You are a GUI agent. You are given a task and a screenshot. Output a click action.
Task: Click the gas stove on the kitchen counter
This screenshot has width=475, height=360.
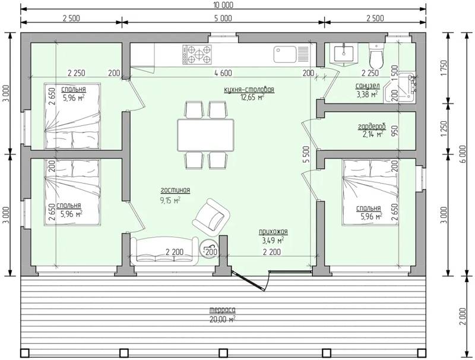pyautogui.click(x=197, y=54)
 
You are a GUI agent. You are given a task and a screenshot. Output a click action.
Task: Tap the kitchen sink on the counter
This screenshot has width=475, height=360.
pyautogui.click(x=292, y=54)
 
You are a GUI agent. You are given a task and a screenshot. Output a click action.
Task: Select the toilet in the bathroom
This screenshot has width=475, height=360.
pyautogui.click(x=376, y=55)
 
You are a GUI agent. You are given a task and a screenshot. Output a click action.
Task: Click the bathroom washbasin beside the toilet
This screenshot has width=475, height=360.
pyautogui.click(x=344, y=55)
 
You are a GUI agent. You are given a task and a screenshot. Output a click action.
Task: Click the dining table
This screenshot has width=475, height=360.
pyautogui.click(x=205, y=135)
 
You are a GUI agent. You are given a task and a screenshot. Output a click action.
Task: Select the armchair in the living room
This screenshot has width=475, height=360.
pyautogui.click(x=211, y=217)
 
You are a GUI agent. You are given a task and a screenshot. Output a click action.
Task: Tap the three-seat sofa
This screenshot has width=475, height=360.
pyautogui.click(x=164, y=251)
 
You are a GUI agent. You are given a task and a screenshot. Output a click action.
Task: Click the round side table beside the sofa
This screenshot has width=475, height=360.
pyautogui.click(x=210, y=248)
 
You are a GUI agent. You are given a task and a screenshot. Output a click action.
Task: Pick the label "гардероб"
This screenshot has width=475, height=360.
pyautogui.click(x=372, y=127)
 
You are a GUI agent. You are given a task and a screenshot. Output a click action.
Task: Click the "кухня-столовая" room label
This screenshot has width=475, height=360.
pyautogui.click(x=249, y=90)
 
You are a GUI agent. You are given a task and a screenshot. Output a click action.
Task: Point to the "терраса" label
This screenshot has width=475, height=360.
pyautogui.click(x=222, y=310)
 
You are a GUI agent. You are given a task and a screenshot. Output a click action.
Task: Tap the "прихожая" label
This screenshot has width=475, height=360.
pyautogui.click(x=273, y=232)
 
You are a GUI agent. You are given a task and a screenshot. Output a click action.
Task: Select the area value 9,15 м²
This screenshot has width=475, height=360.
pyautogui.click(x=170, y=200)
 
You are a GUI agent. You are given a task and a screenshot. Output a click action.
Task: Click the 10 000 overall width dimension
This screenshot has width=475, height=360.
pyautogui.click(x=223, y=5)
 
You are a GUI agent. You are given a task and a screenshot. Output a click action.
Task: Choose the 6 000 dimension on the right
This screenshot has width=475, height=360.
pyautogui.click(x=463, y=154)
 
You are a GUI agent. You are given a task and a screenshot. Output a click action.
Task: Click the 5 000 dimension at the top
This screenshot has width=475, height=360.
pyautogui.click(x=223, y=18)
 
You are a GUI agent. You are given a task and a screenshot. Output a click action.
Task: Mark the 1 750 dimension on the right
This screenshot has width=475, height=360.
pyautogui.click(x=444, y=68)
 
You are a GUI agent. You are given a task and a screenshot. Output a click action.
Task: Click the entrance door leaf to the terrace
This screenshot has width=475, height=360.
pyautogui.click(x=249, y=281)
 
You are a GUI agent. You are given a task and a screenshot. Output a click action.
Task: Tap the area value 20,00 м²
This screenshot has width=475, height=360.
pyautogui.click(x=222, y=320)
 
